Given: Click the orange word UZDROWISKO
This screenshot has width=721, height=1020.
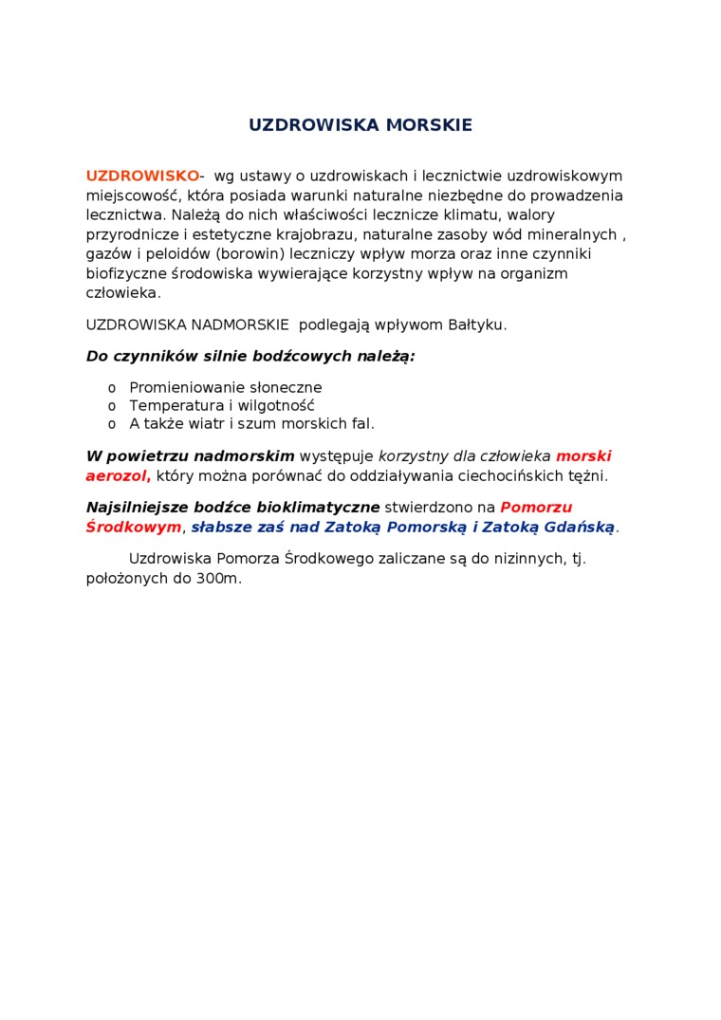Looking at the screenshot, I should [142, 176].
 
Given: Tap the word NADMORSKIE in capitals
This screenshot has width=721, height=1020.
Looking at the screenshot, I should [240, 325].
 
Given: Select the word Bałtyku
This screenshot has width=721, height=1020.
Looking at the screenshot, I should [476, 325].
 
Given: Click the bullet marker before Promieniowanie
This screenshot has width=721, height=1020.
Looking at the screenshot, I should [112, 388].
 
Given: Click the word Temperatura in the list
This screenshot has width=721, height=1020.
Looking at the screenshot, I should [171, 406].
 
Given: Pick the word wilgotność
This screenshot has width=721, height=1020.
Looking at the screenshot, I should [277, 406].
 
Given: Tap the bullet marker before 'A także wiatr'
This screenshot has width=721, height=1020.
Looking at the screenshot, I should [112, 424].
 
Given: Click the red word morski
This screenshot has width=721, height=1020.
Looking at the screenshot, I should [583, 456].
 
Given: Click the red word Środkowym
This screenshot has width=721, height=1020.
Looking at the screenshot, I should [133, 528].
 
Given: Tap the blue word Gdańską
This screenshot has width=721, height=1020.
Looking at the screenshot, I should [580, 528].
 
